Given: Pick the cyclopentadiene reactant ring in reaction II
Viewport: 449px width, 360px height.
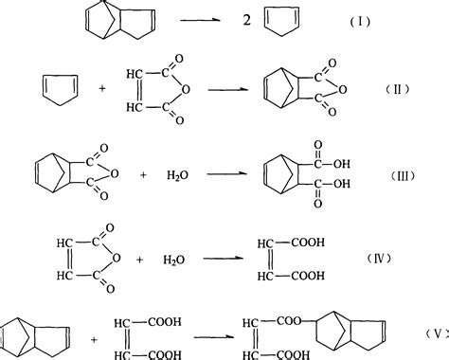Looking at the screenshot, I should [54, 89].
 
